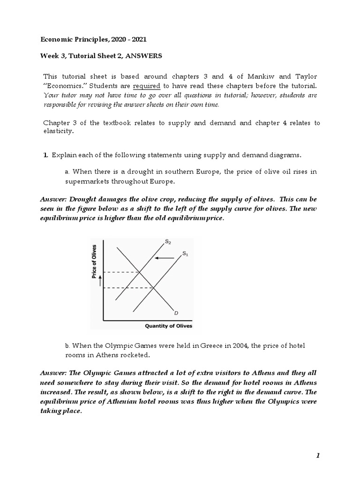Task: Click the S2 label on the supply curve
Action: coord(168,242)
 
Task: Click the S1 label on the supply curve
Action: coord(185,254)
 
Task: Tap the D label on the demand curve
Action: coord(176,312)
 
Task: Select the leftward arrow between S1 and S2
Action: coord(164,258)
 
